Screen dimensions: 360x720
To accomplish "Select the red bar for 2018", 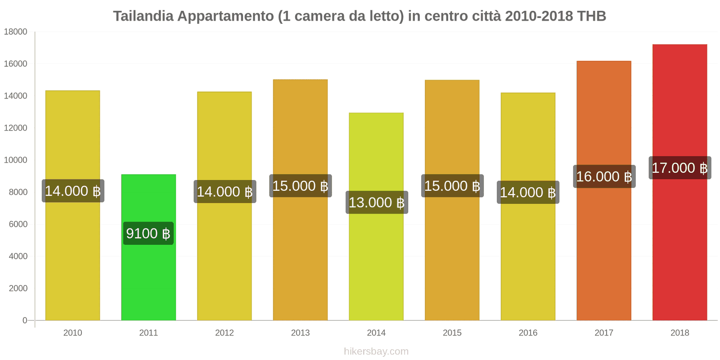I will click(679, 247).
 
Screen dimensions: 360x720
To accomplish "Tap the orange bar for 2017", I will click(603, 252).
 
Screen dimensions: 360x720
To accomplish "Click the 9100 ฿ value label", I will click(148, 234).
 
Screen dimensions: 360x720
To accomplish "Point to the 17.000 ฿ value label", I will click(679, 168).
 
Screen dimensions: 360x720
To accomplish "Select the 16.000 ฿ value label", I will click(604, 176).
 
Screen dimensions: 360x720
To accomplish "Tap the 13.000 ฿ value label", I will click(377, 202).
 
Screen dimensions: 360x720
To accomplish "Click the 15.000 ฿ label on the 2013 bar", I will click(300, 186).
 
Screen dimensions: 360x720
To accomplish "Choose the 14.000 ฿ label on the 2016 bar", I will click(528, 193).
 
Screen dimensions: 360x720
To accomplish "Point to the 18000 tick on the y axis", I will click(16, 32).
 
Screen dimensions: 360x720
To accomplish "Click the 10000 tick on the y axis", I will click(16, 160).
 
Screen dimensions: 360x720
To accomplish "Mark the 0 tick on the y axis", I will click(25, 320).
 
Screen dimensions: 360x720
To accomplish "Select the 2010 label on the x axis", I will click(72, 333).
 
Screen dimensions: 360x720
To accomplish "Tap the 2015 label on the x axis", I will click(452, 333).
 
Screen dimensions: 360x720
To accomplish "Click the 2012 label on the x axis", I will click(224, 333).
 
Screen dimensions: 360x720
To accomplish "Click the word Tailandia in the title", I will click(143, 16).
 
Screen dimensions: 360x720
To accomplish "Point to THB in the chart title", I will click(591, 16).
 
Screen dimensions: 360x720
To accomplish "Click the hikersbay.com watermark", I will click(376, 351).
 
